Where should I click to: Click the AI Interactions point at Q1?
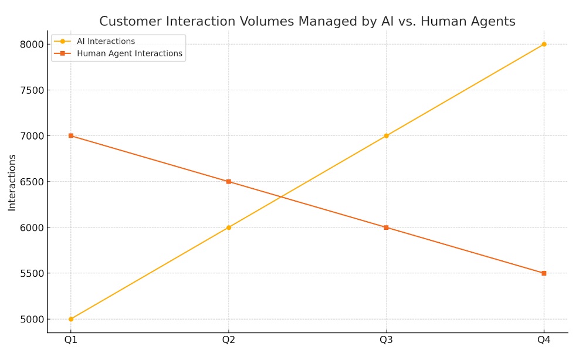point(71,319)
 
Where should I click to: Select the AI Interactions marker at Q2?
point(229,227)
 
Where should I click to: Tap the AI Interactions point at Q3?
point(386,135)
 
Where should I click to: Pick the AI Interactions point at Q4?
point(544,44)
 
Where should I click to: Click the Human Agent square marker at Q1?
point(71,135)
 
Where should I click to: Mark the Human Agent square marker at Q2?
point(229,182)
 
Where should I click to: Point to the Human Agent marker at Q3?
point(386,227)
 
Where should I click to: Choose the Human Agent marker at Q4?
point(544,273)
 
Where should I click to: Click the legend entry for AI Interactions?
point(106,42)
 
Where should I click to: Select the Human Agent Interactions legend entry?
point(129,53)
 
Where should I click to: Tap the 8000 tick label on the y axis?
point(32,45)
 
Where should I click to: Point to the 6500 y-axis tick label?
point(32,182)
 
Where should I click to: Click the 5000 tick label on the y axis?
point(32,320)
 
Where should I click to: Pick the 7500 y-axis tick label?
point(32,90)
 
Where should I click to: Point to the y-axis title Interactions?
point(12,182)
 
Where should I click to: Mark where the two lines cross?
point(281,197)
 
